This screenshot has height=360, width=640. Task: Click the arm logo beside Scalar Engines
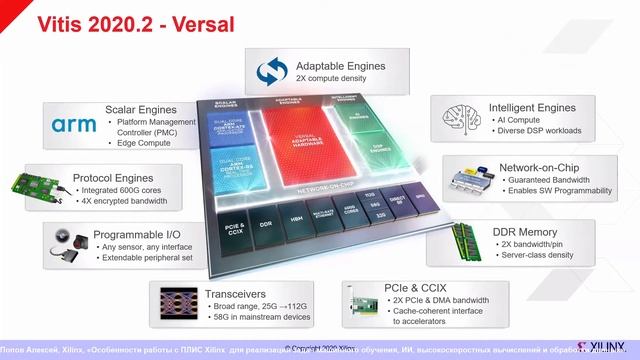click(x=74, y=125)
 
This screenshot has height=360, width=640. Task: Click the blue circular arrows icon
click(x=271, y=71)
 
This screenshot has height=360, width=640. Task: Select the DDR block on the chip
click(x=264, y=225)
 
